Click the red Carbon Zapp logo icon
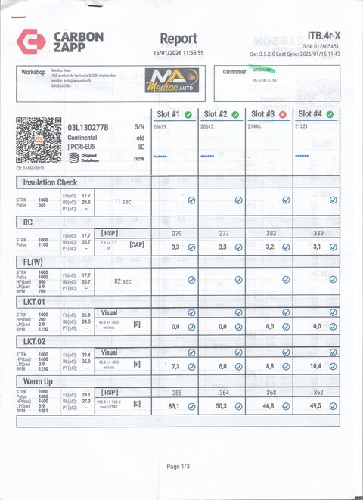pos(31,41)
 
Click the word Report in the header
pos(178,39)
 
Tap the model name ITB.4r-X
pos(324,35)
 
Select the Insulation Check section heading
pos(51,183)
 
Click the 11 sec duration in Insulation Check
pos(123,202)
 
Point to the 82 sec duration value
pos(123,281)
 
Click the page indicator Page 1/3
pos(179,467)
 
